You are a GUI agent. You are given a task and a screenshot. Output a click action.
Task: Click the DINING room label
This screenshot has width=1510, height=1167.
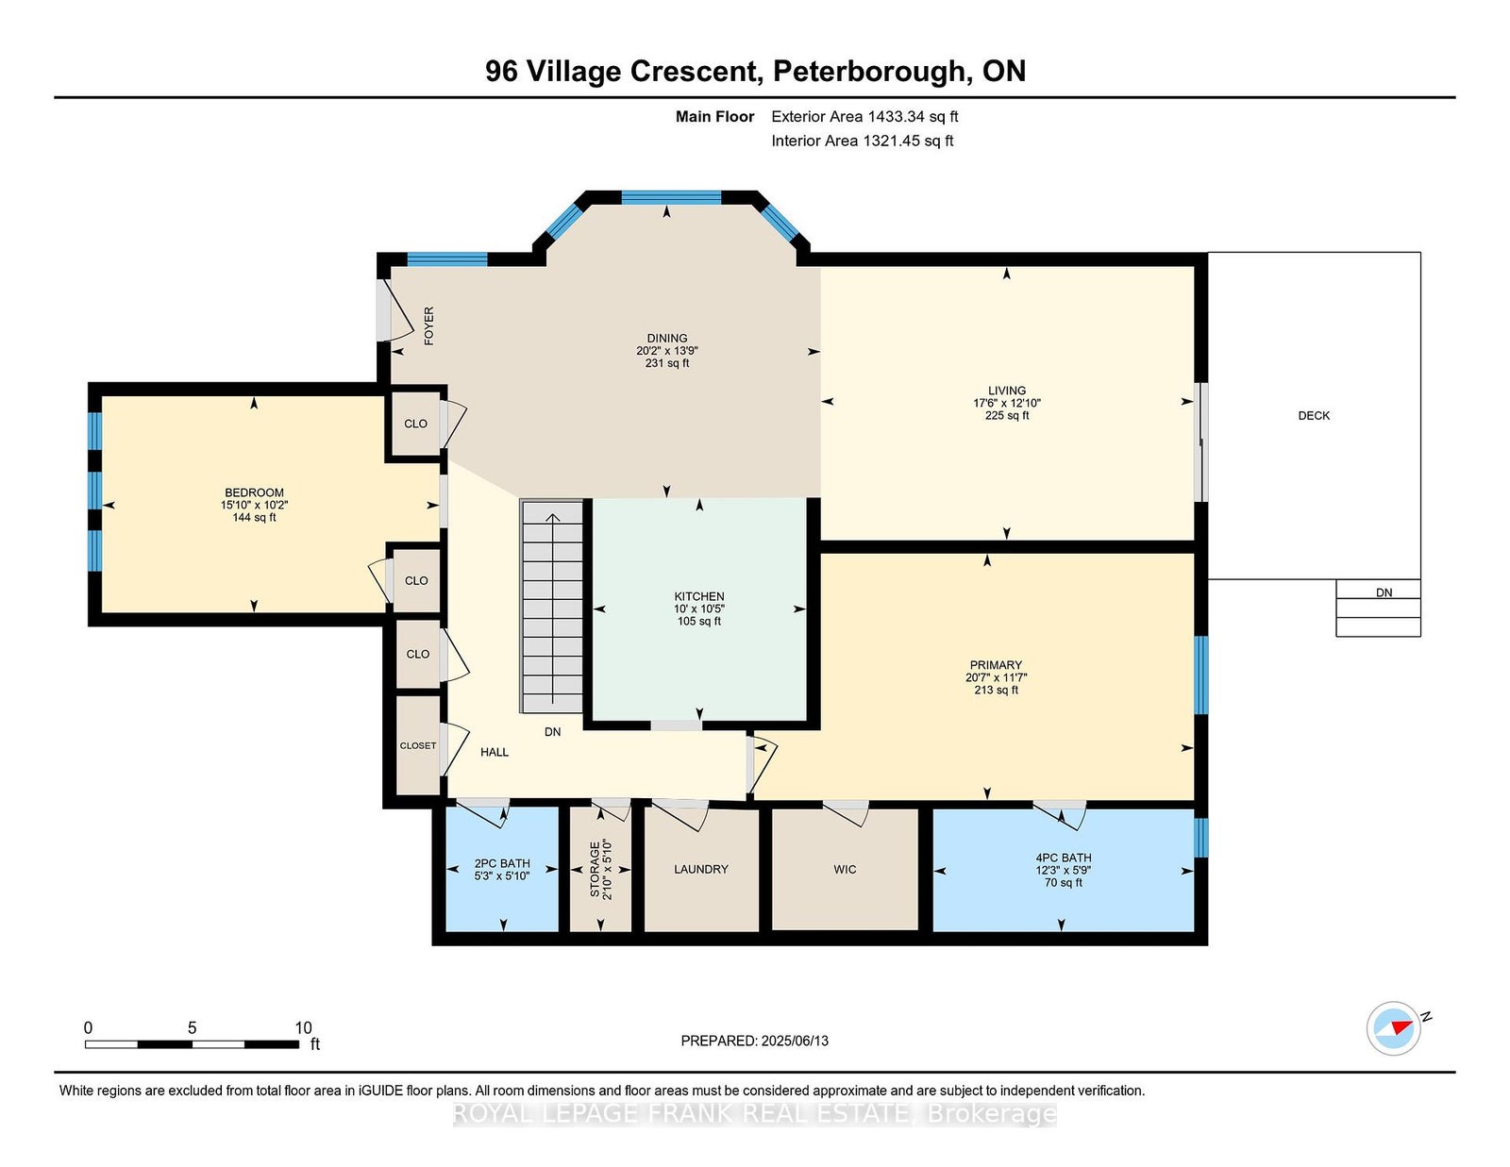(x=666, y=339)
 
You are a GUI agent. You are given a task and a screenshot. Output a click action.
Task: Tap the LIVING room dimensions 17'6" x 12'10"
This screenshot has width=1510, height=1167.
(x=1006, y=403)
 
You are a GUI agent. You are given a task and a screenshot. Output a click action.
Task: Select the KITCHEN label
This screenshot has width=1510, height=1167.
(x=699, y=596)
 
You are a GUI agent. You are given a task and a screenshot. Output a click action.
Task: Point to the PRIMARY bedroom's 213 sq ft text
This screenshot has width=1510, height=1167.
(x=996, y=690)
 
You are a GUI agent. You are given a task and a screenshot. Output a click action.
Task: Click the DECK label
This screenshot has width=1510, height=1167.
(x=1314, y=415)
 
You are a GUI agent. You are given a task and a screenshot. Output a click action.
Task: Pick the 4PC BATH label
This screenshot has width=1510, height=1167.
(x=1064, y=858)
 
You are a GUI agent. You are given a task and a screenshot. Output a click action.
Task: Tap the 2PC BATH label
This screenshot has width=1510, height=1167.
(x=502, y=863)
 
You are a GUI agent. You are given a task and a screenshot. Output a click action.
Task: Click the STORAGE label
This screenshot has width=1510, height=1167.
(x=595, y=869)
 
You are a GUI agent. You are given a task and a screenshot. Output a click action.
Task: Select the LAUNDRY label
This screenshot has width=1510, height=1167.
(x=700, y=869)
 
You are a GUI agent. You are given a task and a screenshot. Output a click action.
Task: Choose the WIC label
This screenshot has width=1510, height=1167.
(x=845, y=869)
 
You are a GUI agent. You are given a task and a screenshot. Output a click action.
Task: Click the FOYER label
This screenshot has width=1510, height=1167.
(x=428, y=325)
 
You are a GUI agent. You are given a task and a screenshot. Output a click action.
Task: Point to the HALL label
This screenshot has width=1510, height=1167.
(x=495, y=752)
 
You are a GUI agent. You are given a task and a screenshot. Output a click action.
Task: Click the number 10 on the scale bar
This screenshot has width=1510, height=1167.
(x=303, y=1027)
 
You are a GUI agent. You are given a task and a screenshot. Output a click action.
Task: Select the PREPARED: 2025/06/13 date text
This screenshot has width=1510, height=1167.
(x=754, y=1041)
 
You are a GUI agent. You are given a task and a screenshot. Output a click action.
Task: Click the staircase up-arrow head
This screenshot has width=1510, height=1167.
(x=552, y=518)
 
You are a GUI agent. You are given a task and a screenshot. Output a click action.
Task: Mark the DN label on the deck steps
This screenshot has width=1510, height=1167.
(x=1384, y=592)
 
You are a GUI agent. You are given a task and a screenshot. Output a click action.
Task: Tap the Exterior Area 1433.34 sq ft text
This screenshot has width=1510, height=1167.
(x=864, y=117)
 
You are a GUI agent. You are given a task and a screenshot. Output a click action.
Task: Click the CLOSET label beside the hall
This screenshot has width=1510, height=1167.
(x=418, y=745)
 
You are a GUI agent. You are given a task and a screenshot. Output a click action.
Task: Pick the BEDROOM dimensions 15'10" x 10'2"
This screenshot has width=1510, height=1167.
(x=254, y=505)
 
